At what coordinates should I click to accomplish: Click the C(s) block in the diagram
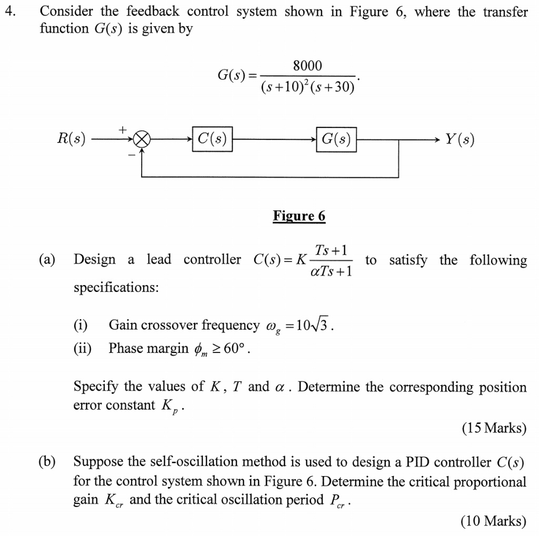213,139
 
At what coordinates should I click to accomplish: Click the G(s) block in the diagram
336,139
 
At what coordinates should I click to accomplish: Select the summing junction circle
142,140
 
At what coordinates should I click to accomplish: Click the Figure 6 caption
299,216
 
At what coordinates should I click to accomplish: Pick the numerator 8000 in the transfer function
307,66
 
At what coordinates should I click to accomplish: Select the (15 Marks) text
494,428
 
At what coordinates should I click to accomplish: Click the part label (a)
48,260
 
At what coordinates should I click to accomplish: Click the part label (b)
48,462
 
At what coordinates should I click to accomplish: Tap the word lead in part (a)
158,260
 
